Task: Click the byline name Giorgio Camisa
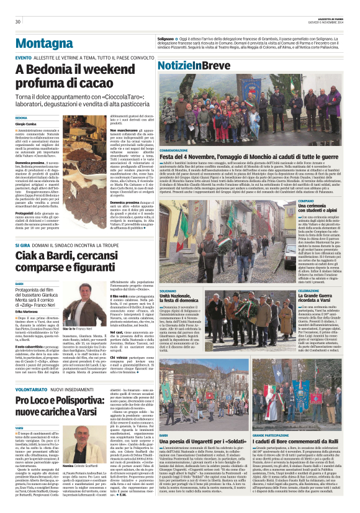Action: coord(25,123)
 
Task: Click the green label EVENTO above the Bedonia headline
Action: coord(23,58)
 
